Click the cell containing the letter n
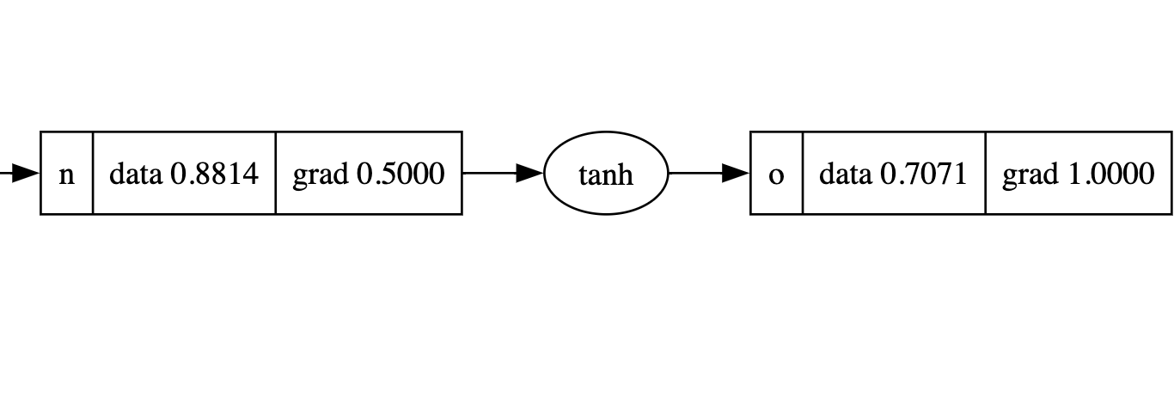point(66,174)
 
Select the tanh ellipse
point(606,174)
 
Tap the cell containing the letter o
point(776,174)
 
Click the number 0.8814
point(215,174)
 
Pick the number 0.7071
point(925,174)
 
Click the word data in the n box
point(137,174)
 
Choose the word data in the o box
point(847,174)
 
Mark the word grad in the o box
point(1030,174)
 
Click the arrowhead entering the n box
point(28,173)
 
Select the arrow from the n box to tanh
point(494,173)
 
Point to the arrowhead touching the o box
point(737,173)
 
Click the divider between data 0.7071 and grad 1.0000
point(985,173)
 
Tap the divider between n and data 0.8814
point(92,173)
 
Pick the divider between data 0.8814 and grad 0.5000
point(275,173)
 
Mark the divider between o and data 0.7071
point(802,173)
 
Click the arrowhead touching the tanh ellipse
point(530,173)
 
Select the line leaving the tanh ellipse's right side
point(694,173)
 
